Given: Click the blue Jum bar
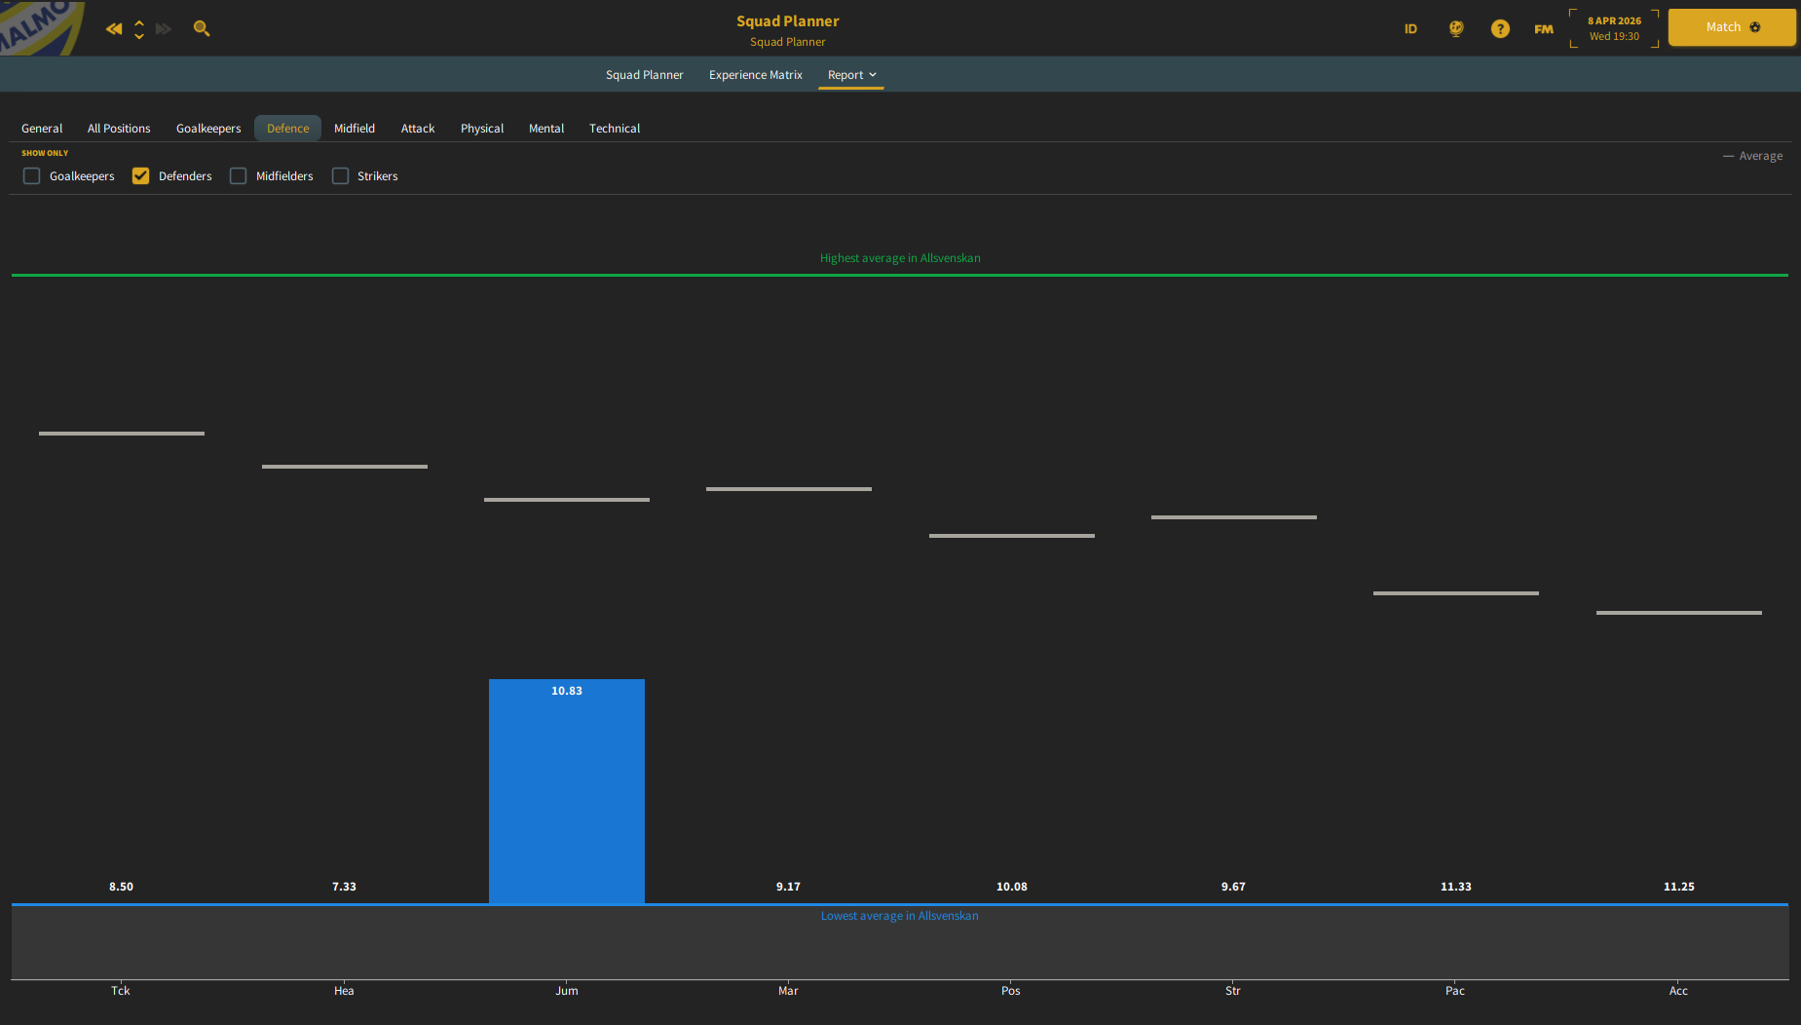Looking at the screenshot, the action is click(567, 791).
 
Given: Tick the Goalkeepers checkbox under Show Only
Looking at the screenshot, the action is click(32, 176).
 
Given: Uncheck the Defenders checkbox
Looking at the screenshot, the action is click(141, 176).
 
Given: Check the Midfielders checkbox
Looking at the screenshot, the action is click(239, 176).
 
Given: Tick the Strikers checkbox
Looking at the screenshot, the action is click(340, 176).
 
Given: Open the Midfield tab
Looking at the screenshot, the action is click(355, 129).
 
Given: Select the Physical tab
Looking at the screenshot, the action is click(482, 129).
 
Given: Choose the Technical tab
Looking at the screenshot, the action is click(615, 129).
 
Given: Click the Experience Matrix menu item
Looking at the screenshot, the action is click(756, 75).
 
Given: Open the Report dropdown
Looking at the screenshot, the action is click(851, 75).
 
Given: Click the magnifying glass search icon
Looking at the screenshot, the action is click(202, 28).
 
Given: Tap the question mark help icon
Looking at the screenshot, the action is click(1500, 28).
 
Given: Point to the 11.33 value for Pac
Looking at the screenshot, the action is click(1456, 887).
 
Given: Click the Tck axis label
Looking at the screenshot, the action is click(121, 991).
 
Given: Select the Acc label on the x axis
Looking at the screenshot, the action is click(1678, 991).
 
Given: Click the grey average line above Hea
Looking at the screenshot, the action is click(345, 467).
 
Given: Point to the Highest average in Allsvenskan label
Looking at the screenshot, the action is click(900, 258).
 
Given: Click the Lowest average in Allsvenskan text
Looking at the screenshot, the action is click(900, 916).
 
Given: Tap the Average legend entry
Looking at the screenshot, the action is click(1753, 156).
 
